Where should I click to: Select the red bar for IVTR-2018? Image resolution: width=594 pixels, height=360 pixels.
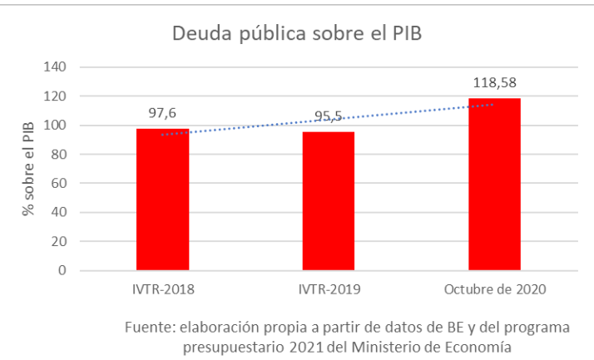point(162,200)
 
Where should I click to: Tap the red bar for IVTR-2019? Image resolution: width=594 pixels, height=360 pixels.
point(328,201)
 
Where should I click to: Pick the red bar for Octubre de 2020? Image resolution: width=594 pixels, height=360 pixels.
point(494,185)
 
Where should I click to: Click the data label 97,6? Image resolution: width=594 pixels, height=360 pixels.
point(162,112)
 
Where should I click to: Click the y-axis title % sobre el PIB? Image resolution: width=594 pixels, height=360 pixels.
point(29,169)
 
